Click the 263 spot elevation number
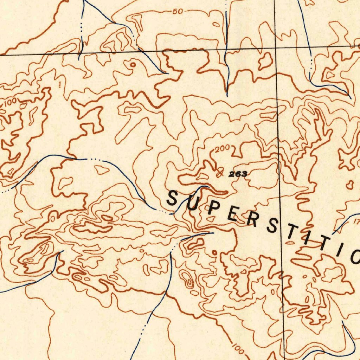(x=238, y=174)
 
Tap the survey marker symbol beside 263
(x=220, y=172)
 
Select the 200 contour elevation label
(x=223, y=149)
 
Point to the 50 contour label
(x=178, y=12)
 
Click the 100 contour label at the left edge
(x=11, y=102)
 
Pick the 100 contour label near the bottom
(x=238, y=349)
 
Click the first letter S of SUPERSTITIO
(x=172, y=198)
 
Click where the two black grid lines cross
(x=276, y=49)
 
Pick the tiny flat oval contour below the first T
(x=290, y=243)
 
